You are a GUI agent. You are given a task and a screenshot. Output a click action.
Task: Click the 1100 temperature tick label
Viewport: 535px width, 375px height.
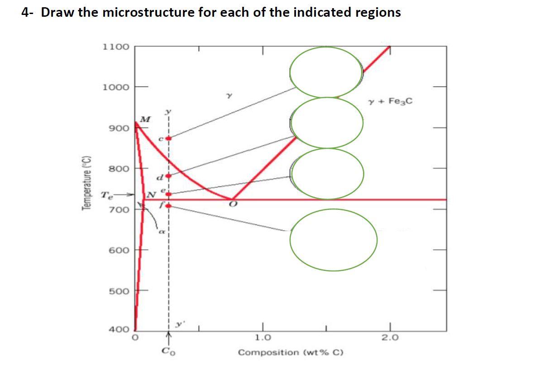coord(116,47)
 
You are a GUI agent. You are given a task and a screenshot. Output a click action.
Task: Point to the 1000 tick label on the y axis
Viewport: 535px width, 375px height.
coord(116,87)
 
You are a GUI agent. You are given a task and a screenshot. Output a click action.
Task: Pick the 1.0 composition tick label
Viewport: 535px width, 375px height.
coord(263,337)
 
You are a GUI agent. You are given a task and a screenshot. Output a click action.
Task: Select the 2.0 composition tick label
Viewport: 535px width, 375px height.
coord(389,337)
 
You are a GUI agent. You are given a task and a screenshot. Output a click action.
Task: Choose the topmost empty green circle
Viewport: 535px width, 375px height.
coord(326,72)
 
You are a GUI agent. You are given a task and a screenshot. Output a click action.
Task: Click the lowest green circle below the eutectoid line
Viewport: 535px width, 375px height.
coord(334,240)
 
